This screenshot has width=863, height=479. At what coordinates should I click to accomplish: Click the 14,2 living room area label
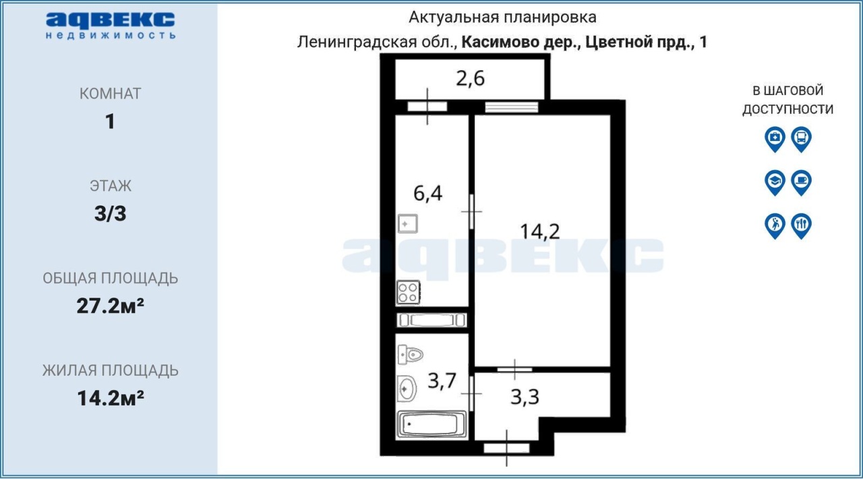point(540,232)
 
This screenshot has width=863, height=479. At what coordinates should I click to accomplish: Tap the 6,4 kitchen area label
point(427,193)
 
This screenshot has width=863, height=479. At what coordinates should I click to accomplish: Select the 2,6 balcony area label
point(470,78)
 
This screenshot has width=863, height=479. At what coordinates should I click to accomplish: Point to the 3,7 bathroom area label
point(442,381)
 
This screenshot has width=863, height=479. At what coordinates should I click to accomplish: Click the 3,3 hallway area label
point(525,397)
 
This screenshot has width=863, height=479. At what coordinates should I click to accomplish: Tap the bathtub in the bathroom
point(431,424)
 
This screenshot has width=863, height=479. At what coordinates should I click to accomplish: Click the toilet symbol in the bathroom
point(411,354)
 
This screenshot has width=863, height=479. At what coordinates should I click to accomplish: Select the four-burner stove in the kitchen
point(409,292)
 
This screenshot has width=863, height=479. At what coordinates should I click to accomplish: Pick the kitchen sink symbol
point(408,224)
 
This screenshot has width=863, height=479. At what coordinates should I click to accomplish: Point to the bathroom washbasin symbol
point(407,389)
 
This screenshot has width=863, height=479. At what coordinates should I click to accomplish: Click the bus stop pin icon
point(802,139)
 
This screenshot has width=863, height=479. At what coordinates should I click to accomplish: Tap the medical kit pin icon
point(775,139)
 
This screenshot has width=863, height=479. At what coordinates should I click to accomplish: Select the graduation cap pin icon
point(775,183)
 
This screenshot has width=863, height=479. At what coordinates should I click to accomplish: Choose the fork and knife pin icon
point(802,226)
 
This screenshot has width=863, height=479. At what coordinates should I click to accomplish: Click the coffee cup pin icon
point(802,183)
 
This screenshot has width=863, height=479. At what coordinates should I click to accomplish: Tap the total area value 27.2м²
point(110,306)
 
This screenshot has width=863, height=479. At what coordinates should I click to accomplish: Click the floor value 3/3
point(110,214)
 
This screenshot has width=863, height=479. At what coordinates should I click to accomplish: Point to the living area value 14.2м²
point(110,399)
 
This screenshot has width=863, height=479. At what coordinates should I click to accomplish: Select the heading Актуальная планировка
point(502,18)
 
